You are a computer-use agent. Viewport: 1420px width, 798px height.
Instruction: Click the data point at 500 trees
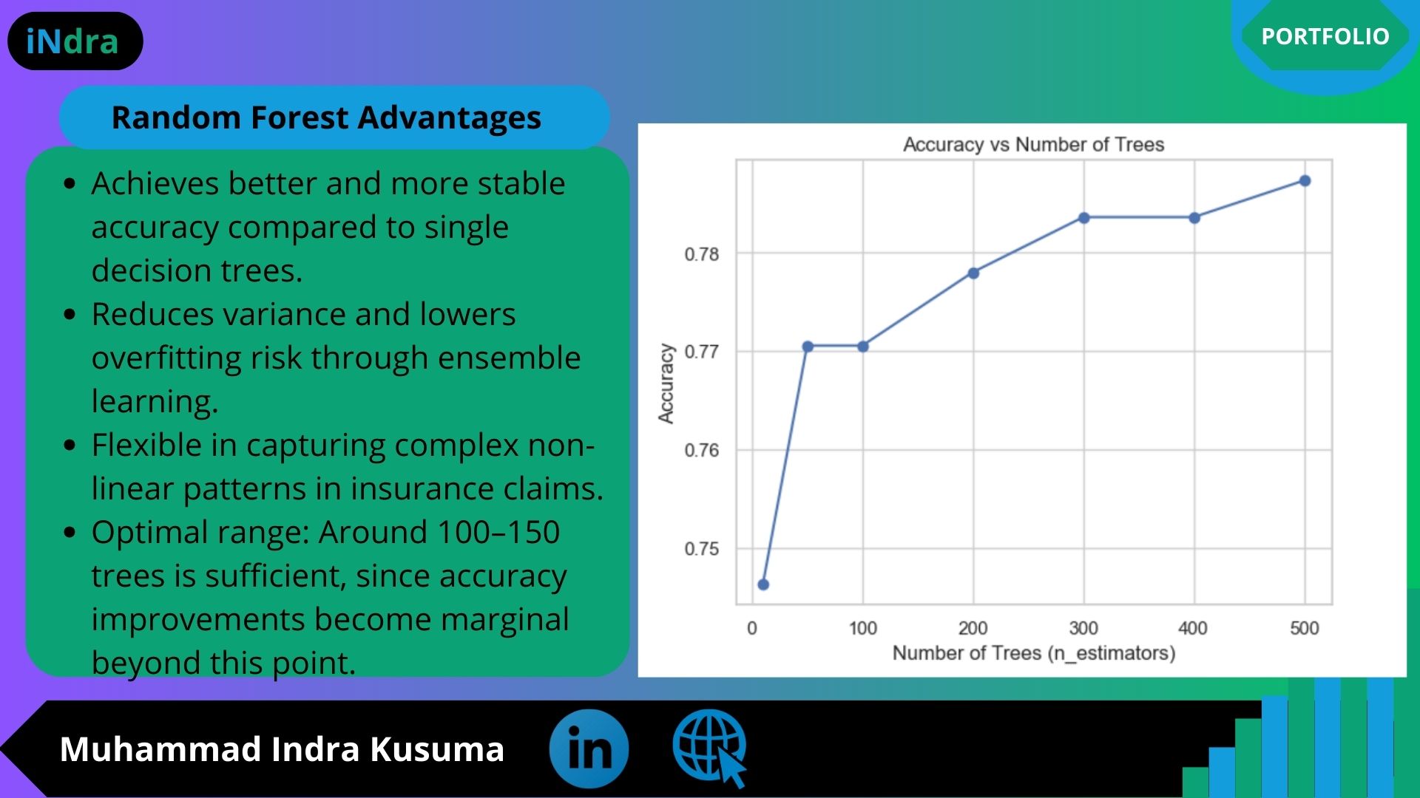[x=1305, y=181]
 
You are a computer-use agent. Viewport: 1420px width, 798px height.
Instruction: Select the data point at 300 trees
[x=1083, y=218]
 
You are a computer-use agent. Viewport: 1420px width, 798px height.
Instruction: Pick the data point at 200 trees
[x=973, y=273]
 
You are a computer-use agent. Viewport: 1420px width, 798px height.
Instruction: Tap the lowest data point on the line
[x=763, y=584]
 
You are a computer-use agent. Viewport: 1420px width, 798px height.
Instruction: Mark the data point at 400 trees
[x=1194, y=218]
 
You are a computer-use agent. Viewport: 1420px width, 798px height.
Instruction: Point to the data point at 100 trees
[x=863, y=347]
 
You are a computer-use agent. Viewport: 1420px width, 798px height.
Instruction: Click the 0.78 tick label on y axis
[x=701, y=254]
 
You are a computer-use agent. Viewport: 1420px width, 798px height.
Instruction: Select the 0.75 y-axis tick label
[x=701, y=549]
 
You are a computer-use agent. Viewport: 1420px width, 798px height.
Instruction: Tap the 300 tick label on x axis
[x=1083, y=628]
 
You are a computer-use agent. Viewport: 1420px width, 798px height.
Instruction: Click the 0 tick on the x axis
[x=752, y=628]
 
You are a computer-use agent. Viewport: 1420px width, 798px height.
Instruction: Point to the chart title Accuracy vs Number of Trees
[x=1033, y=144]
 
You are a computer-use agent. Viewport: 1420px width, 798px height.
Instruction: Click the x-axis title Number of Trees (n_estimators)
[x=1034, y=653]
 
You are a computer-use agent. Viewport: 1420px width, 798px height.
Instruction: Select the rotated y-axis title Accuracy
[x=666, y=383]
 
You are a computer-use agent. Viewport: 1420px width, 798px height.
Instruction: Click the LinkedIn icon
[x=589, y=748]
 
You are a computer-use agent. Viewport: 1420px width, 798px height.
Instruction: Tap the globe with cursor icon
[x=710, y=748]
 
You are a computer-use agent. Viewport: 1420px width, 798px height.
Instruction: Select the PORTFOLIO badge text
[x=1325, y=36]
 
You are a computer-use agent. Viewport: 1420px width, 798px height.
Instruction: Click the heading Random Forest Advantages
[x=326, y=117]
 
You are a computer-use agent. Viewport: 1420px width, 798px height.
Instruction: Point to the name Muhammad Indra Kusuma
[x=282, y=749]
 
